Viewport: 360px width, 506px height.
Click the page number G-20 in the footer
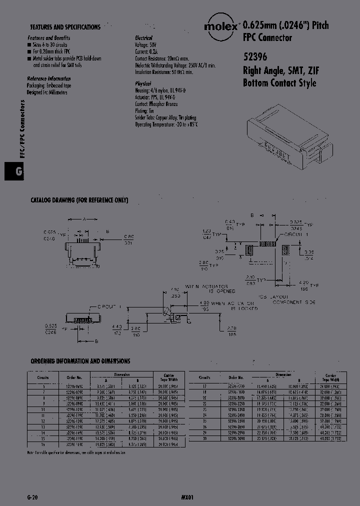(32, 497)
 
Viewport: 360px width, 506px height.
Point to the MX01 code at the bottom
(187, 497)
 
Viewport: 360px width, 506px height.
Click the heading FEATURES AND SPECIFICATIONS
(65, 27)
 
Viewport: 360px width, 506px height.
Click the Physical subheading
(143, 83)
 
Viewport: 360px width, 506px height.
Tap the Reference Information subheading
(48, 79)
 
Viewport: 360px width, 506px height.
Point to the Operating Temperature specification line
(166, 124)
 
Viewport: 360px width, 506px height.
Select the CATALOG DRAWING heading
(79, 200)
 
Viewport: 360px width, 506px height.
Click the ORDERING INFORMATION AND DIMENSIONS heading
(80, 360)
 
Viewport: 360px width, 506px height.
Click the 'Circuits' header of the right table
(204, 377)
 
